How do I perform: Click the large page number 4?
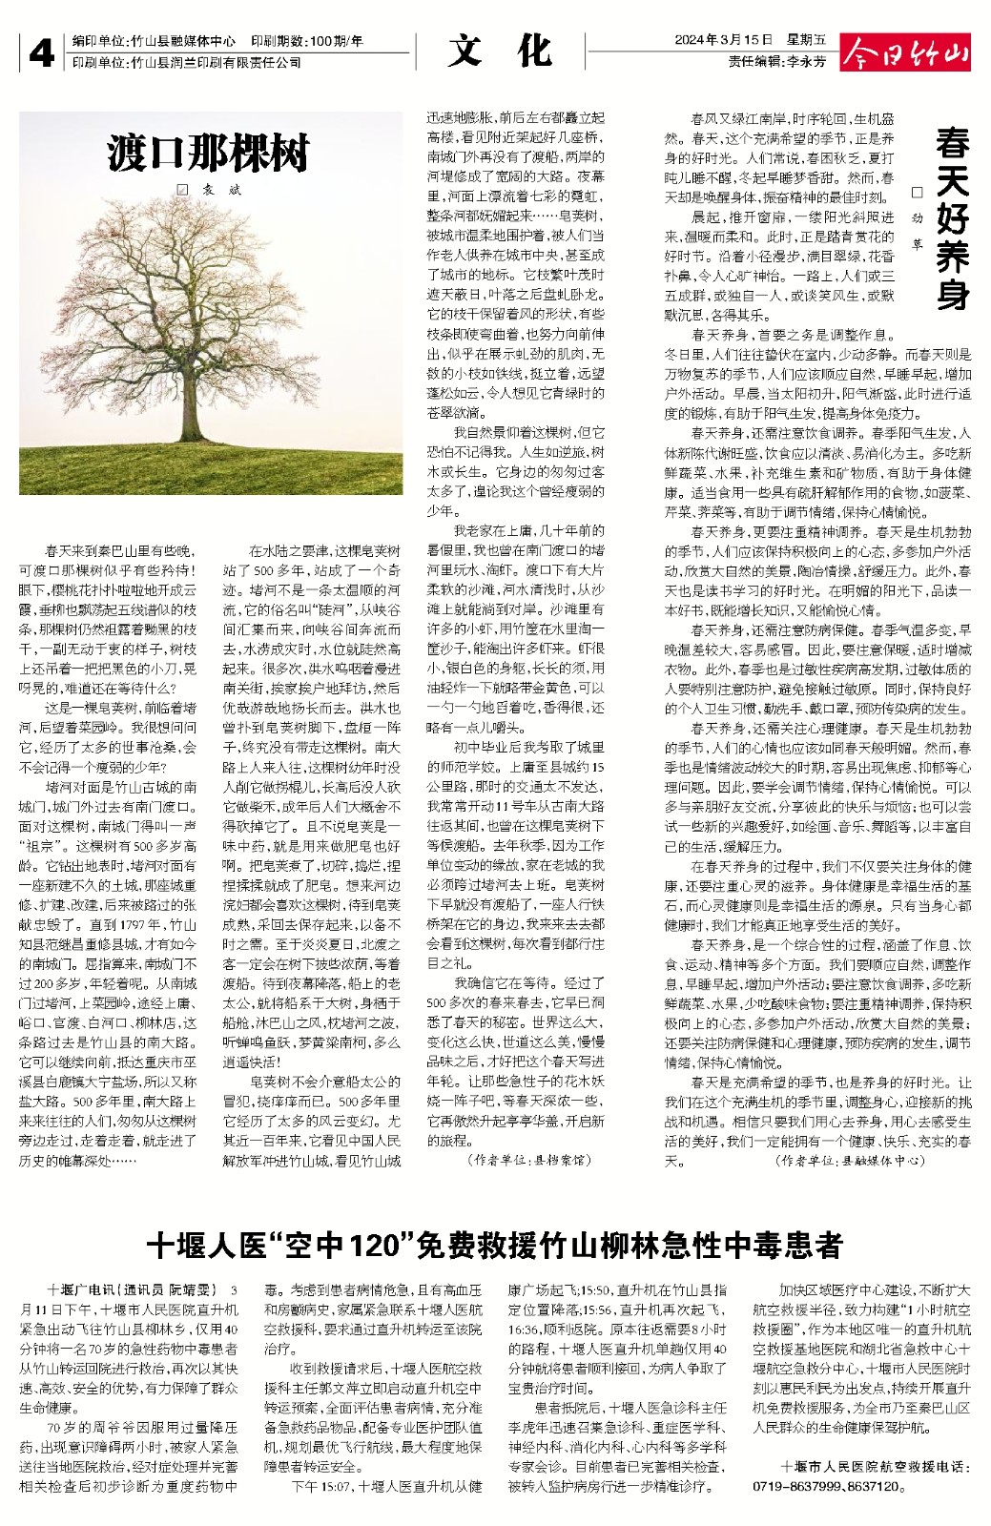pyautogui.click(x=41, y=53)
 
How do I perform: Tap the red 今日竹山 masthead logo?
pyautogui.click(x=905, y=52)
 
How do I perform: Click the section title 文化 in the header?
pyautogui.click(x=501, y=51)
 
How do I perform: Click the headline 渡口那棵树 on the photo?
pyautogui.click(x=209, y=153)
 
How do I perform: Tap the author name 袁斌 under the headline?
pyautogui.click(x=221, y=190)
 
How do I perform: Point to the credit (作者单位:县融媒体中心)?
pyautogui.click(x=851, y=1161)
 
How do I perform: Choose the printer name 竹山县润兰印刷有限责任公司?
pyautogui.click(x=216, y=62)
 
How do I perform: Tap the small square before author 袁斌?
pyautogui.click(x=182, y=190)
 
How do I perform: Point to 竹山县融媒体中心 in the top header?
pyautogui.click(x=183, y=41)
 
